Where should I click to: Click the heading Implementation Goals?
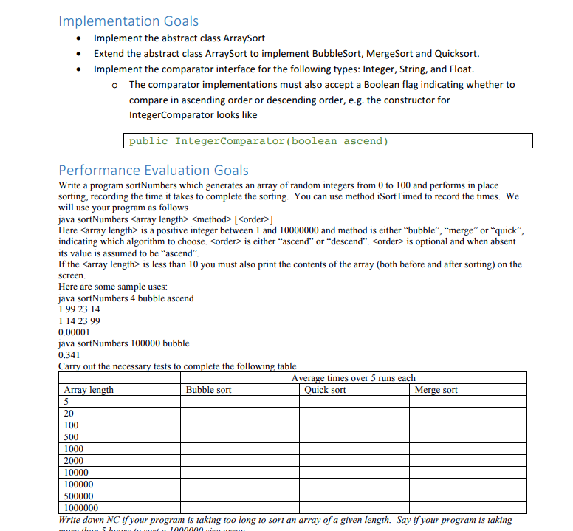pos(128,21)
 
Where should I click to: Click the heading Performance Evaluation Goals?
pos(154,170)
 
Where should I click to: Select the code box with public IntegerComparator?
pos(327,141)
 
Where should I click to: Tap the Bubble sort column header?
pos(208,390)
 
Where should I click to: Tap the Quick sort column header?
pos(325,390)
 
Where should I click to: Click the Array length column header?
pos(89,390)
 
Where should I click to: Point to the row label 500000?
pos(78,496)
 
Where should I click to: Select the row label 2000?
pos(74,461)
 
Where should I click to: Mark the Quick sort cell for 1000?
pos(354,449)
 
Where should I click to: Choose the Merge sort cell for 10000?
pos(467,473)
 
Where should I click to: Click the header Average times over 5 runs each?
pos(353,378)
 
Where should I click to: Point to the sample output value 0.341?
pos(69,354)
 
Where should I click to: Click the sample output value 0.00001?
pos(74,332)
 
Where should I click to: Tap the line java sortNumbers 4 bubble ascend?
pos(126,298)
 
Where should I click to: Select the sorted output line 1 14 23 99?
pos(79,321)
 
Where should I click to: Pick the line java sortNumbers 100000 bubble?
pos(123,343)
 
